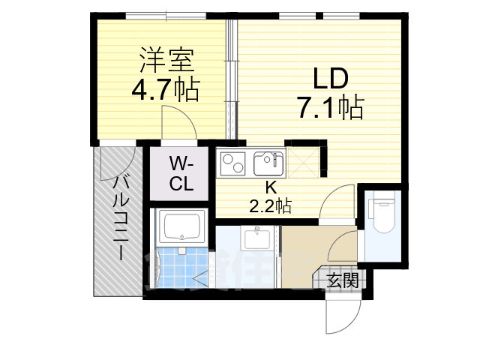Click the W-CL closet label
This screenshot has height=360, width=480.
click(181, 173)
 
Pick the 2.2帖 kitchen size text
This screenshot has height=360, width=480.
click(270, 205)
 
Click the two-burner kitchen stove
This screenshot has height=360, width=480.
click(233, 163)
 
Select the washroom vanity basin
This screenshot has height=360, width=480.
click(258, 239)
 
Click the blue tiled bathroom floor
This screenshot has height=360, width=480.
click(180, 265)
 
